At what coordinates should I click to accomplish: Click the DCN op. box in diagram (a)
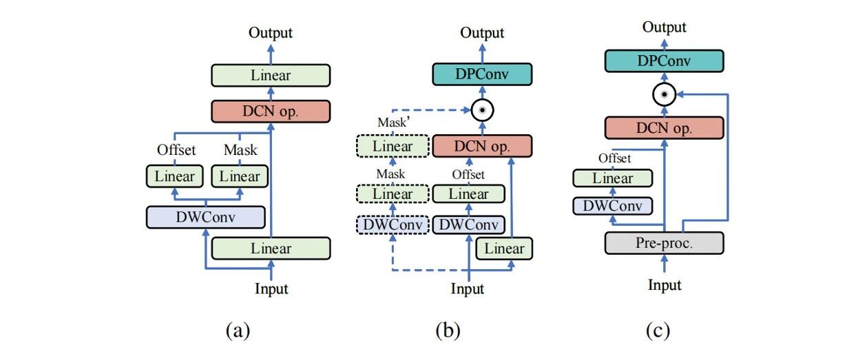[271, 112]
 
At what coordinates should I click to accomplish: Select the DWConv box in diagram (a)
[206, 217]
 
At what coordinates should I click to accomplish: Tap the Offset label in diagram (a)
[176, 150]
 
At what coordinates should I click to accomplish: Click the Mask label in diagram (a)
[240, 150]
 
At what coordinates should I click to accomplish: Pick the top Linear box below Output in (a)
[271, 75]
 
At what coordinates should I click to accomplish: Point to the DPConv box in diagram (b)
[482, 74]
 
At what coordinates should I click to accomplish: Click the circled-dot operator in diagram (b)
[482, 110]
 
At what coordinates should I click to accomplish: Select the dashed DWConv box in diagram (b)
[393, 224]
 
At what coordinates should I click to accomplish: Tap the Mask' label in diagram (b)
[394, 122]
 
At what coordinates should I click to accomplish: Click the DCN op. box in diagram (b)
[482, 146]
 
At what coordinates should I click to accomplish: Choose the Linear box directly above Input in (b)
[504, 248]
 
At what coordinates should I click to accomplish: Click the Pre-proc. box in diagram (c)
[665, 243]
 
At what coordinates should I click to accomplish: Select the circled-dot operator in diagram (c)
[665, 94]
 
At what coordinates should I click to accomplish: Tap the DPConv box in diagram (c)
[665, 61]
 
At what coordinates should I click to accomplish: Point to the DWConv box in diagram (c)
[613, 206]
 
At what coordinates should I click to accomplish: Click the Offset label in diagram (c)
[614, 158]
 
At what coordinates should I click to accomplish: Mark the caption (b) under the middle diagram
[448, 330]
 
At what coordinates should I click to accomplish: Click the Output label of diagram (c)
[665, 28]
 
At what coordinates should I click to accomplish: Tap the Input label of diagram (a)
[271, 288]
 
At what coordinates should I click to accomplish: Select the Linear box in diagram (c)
[613, 178]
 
